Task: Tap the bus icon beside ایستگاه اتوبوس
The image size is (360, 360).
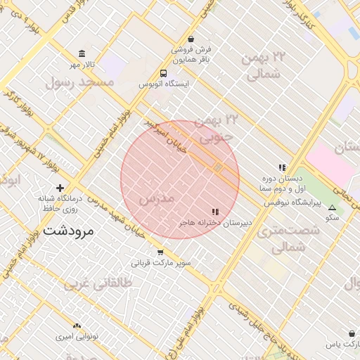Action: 164,72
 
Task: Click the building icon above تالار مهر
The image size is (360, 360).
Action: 83,54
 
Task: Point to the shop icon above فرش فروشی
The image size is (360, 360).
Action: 191,39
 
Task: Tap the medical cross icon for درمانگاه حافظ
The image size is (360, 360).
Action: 60,188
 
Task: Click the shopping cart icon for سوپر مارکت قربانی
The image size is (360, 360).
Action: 160,252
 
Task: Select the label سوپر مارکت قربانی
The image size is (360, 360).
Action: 161,264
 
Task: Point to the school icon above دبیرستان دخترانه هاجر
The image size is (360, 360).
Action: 215,212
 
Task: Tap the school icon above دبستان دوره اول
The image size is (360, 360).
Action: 282,167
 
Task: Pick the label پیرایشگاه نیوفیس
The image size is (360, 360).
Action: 292,202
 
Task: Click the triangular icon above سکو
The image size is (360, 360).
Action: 333,207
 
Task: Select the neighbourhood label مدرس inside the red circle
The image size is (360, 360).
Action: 156,199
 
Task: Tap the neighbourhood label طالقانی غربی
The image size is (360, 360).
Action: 98,283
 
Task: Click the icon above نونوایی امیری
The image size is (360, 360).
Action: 77,326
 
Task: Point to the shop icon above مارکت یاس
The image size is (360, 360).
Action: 352,333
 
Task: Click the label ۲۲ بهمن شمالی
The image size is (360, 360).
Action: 263,65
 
